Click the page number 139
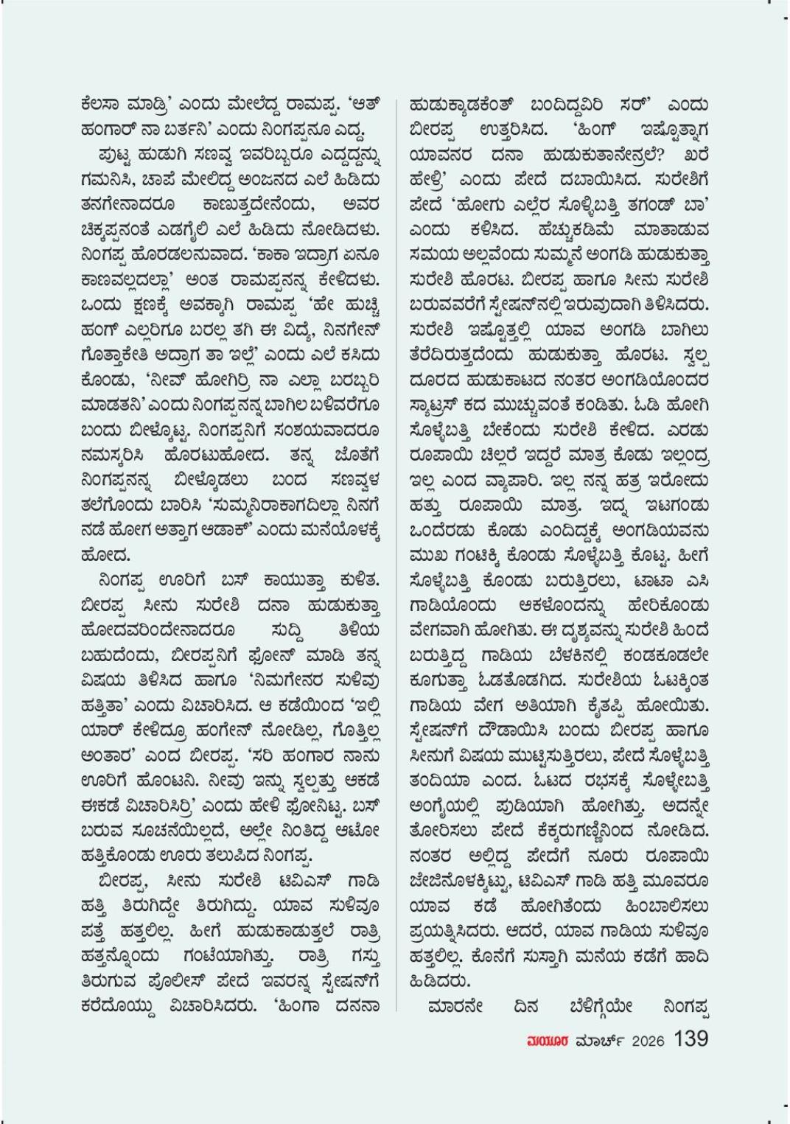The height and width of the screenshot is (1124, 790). (x=691, y=1039)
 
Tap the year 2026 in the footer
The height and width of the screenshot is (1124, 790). (x=646, y=1040)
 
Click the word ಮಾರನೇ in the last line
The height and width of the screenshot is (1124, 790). (x=455, y=1005)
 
